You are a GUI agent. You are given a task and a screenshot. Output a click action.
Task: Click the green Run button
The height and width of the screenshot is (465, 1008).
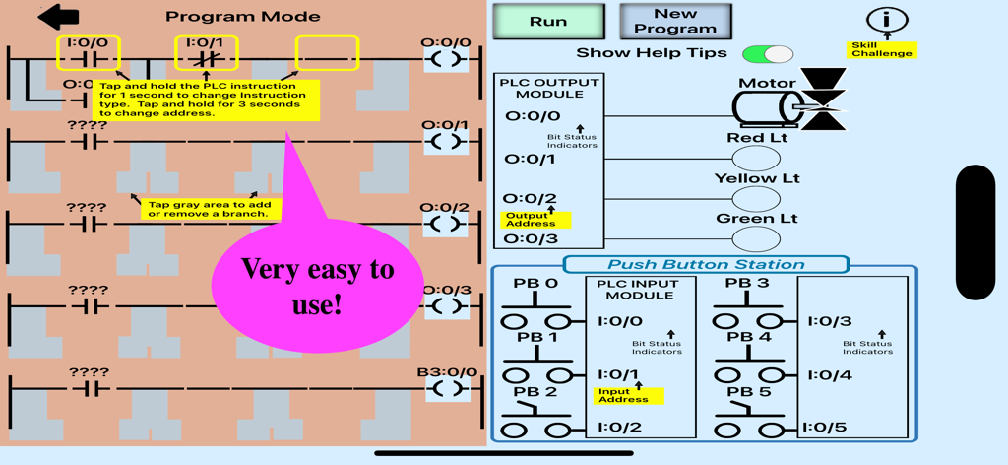(548, 22)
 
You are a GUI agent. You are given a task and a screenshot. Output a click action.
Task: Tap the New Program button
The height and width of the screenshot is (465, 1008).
(675, 22)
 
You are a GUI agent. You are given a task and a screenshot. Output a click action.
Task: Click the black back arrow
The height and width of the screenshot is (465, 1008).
(59, 16)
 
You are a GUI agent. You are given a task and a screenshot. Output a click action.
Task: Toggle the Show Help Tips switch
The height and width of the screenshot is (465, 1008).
(767, 54)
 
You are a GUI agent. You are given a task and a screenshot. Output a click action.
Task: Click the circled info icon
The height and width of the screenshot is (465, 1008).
(887, 19)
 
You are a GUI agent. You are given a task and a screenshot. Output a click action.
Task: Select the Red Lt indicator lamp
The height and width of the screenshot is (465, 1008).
(756, 158)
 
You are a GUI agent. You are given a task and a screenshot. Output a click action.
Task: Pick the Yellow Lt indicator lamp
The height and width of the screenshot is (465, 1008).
(756, 198)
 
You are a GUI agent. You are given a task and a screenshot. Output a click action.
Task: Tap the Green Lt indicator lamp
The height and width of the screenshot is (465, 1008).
(756, 238)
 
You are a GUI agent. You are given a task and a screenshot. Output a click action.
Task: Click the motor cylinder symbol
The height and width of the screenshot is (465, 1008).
(768, 106)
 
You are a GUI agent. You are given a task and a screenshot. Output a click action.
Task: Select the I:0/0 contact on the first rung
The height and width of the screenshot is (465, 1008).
(89, 54)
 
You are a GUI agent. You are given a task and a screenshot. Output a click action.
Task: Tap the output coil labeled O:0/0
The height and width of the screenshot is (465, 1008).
(446, 59)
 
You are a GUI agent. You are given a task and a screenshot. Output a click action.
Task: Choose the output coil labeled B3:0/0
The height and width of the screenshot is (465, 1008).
(446, 388)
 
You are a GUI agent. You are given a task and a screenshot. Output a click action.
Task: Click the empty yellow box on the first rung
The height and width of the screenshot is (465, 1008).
(327, 54)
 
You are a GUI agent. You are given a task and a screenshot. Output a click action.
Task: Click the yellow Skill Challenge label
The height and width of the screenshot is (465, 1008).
(882, 49)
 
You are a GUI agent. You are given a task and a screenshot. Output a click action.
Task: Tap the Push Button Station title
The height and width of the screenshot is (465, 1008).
(705, 264)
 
